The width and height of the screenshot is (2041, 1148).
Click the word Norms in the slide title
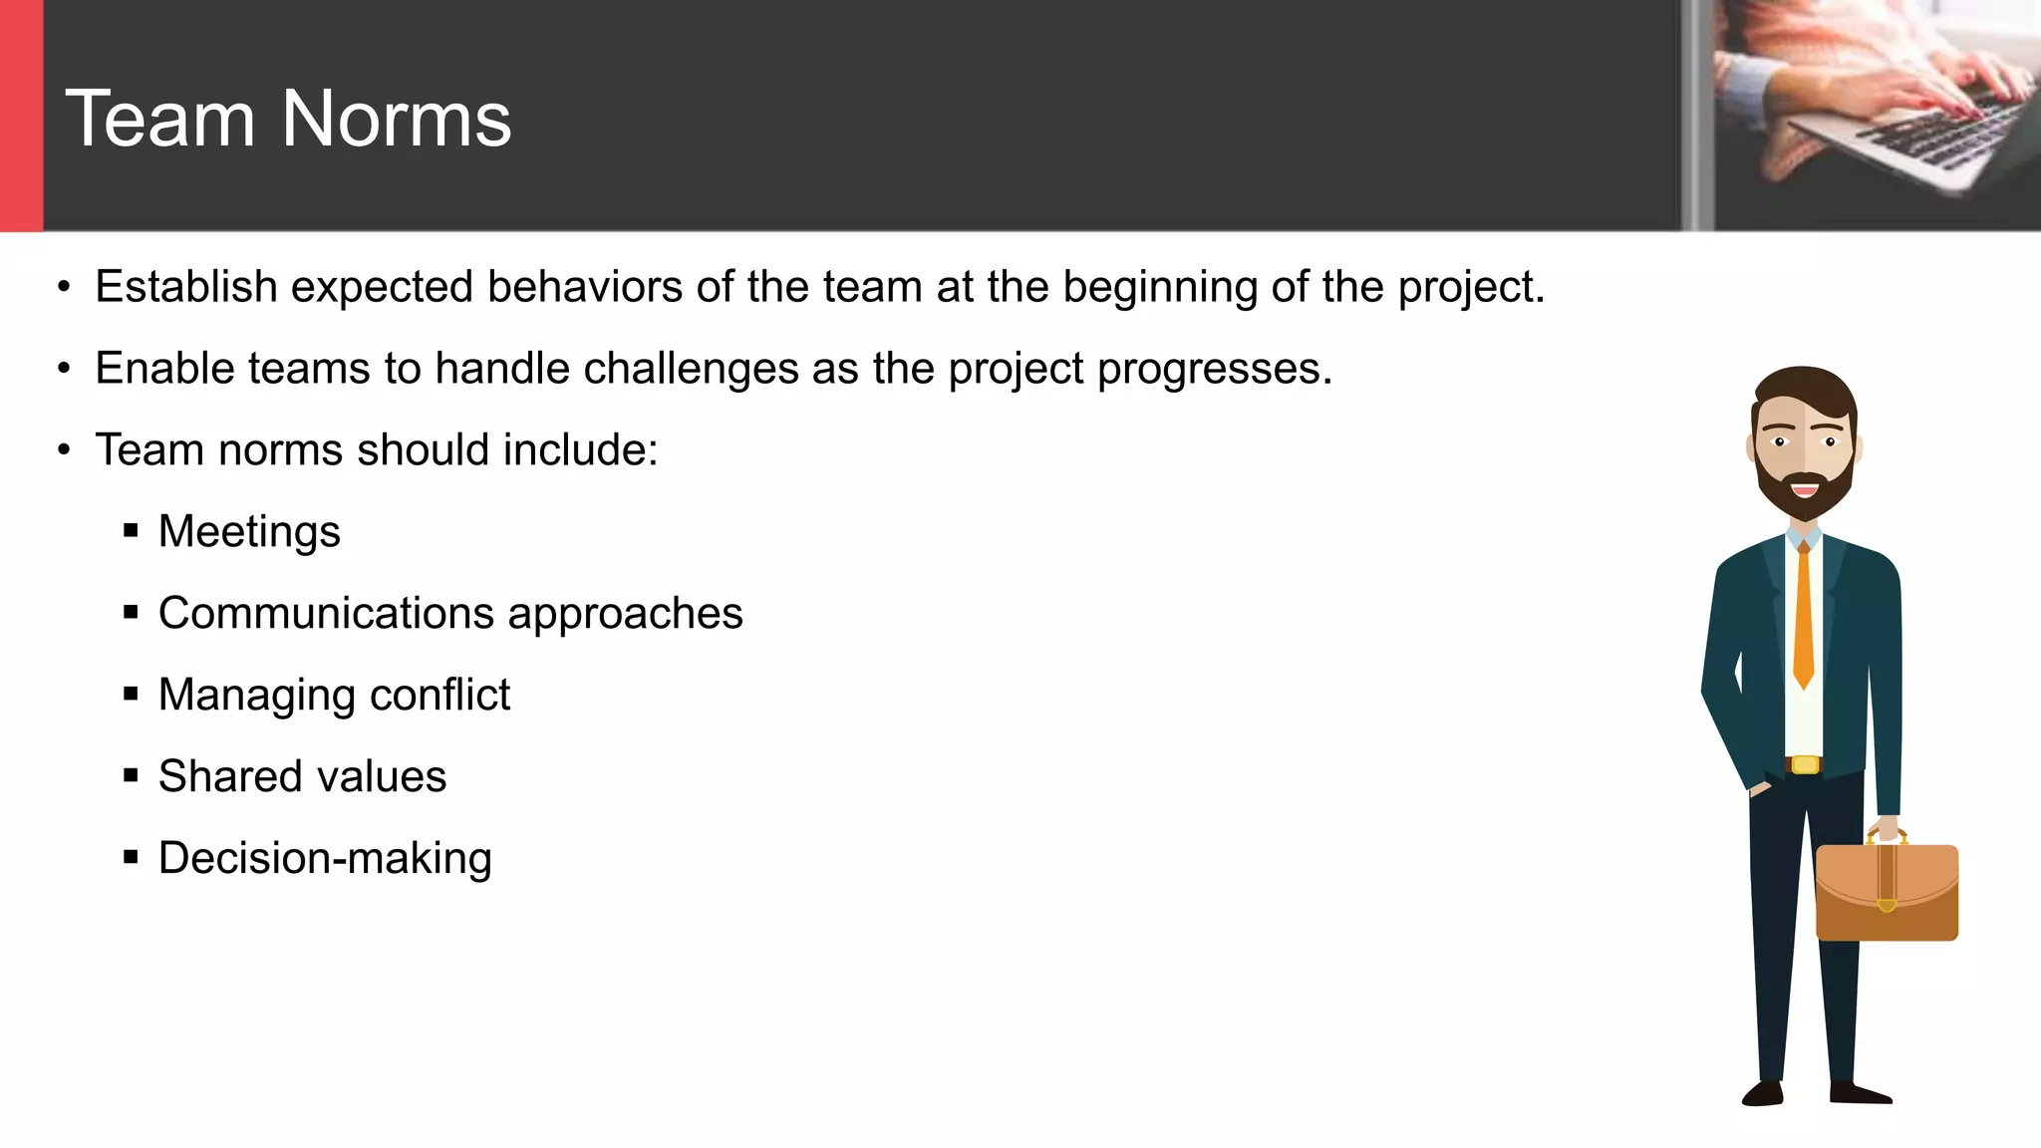[397, 120]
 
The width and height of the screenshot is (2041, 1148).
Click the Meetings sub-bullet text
[249, 532]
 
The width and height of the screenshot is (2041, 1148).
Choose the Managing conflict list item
[334, 695]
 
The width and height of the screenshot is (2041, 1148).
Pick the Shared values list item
[302, 776]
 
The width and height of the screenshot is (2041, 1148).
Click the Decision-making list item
[325, 858]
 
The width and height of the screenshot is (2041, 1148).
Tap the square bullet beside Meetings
[131, 531]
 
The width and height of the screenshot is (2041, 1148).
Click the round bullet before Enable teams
[64, 370]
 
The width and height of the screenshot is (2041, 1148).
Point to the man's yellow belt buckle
[1805, 765]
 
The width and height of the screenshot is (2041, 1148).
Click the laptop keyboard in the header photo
[1923, 130]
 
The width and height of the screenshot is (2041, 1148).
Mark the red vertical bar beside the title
[21, 116]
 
